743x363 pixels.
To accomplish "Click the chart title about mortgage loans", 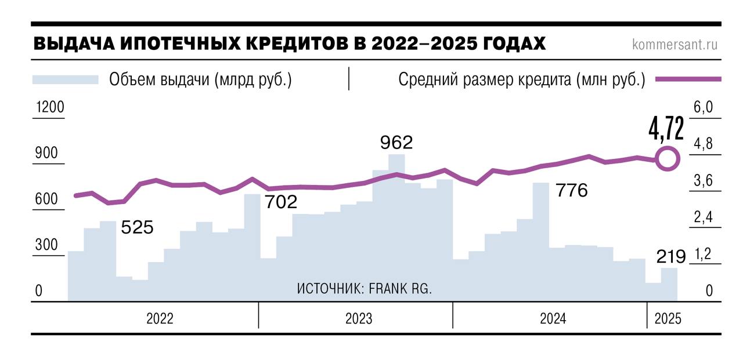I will pos(289,44).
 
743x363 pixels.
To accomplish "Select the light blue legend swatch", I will pos(66,79).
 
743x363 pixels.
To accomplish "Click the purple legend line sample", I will pos(688,79).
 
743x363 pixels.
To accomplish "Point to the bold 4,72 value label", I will pos(666,129).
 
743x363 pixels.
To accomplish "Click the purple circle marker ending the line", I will pos(668,158).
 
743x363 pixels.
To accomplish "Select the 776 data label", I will pos(572,190).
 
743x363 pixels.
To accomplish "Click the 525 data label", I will pos(137,227).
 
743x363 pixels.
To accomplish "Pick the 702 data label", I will pos(281,202).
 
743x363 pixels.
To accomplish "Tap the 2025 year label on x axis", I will pos(668,319).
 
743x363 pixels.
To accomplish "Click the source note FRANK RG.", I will pos(365,288).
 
